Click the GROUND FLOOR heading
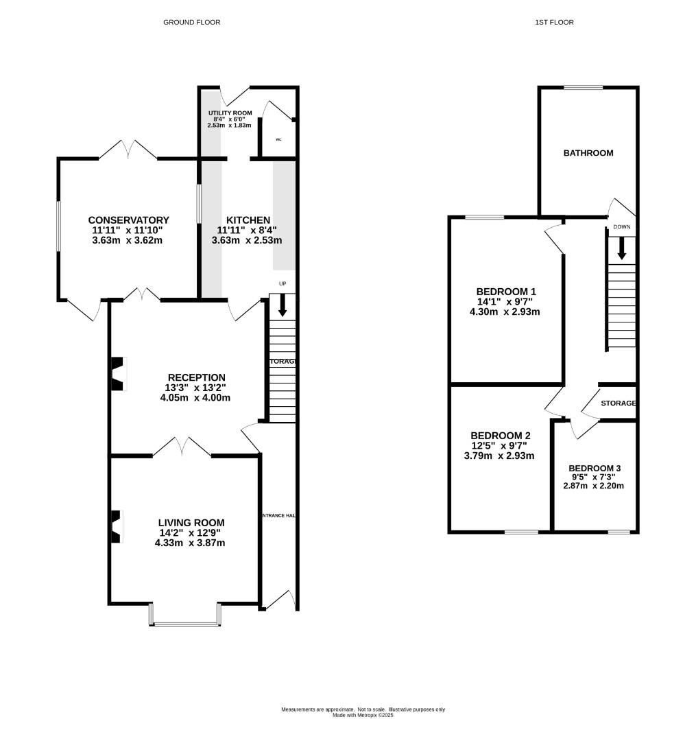point(191,23)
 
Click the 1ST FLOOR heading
point(554,23)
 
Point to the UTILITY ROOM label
point(230,113)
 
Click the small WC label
point(278,139)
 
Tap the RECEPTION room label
point(197,377)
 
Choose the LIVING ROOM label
point(190,522)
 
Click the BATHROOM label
point(588,153)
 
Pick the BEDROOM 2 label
point(500,436)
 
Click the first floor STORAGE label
point(618,403)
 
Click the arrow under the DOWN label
point(621,248)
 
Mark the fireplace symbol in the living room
point(117,526)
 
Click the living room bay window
point(184,623)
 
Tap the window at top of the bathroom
point(583,88)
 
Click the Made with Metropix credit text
point(363,716)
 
